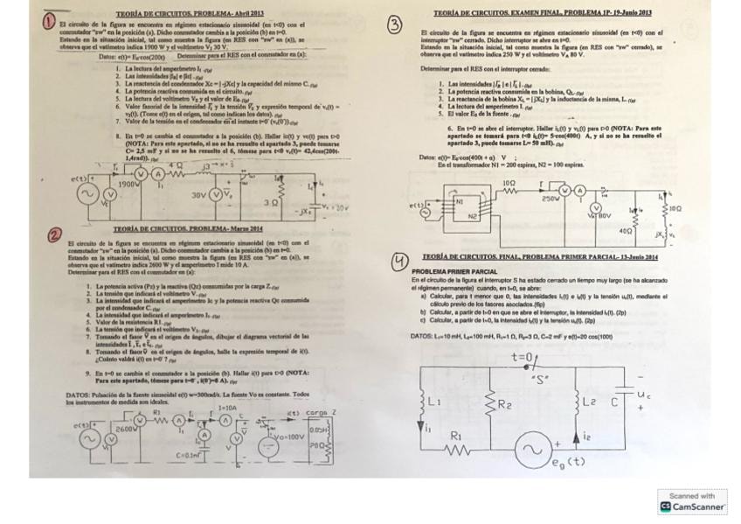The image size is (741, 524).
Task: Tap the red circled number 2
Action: (54, 235)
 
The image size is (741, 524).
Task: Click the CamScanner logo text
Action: (696, 507)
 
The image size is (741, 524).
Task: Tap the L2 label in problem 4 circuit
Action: (590, 402)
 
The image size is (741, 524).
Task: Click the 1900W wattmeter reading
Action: (128, 185)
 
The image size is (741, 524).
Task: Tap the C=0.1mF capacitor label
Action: (190, 455)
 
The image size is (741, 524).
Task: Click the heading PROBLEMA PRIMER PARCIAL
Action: (454, 272)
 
